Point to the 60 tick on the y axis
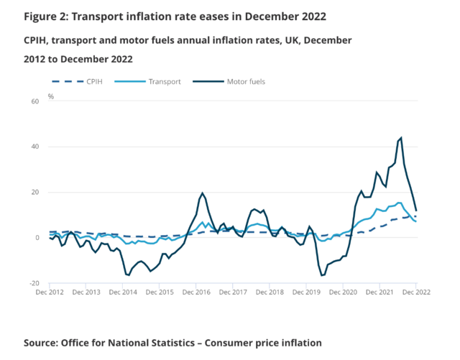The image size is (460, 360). click(x=34, y=101)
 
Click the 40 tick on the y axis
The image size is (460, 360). click(x=34, y=147)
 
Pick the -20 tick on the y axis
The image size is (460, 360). click(x=33, y=283)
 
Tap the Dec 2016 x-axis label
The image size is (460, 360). click(x=195, y=292)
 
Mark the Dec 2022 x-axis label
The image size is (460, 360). click(x=416, y=292)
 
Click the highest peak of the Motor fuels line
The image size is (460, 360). click(x=401, y=138)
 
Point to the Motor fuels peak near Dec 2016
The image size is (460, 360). click(x=203, y=193)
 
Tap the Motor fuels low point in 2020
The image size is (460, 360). click(x=322, y=275)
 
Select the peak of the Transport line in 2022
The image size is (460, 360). click(x=400, y=203)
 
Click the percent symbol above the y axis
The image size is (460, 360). click(x=50, y=96)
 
